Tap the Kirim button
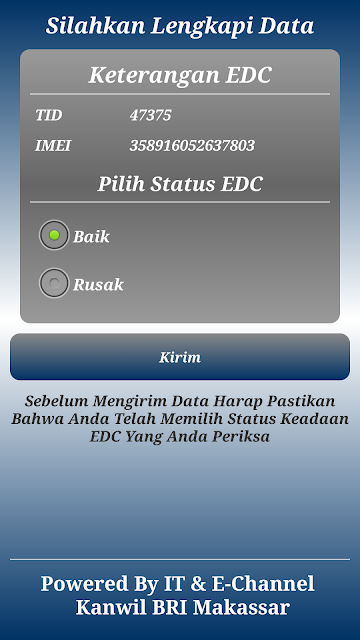(x=180, y=357)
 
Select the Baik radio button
(x=54, y=235)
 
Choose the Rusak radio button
(x=54, y=283)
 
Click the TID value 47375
(x=150, y=115)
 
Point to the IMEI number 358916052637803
(x=192, y=146)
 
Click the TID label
(x=49, y=115)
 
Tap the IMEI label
(x=53, y=146)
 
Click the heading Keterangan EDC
(x=180, y=75)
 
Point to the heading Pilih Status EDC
(x=180, y=184)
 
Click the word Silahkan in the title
(x=95, y=26)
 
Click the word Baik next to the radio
(x=91, y=237)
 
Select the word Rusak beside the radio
(x=98, y=284)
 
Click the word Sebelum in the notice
(x=56, y=401)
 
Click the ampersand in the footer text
(x=198, y=584)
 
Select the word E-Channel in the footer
(x=263, y=584)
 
